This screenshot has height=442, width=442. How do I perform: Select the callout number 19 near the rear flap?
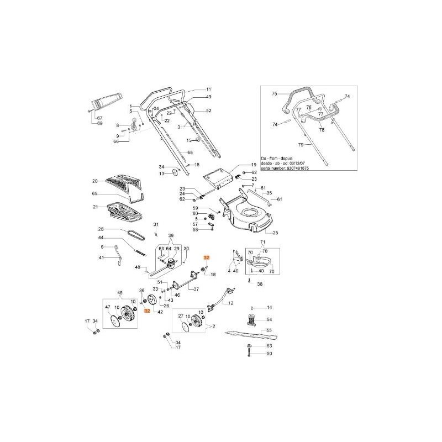254,165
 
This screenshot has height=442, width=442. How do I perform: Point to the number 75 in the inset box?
273,94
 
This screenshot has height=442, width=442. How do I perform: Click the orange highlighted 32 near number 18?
207,257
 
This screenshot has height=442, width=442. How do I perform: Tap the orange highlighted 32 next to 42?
147,312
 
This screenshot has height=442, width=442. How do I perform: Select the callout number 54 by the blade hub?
269,319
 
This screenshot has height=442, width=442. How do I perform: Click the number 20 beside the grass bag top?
94,181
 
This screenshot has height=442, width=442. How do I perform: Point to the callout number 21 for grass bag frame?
94,207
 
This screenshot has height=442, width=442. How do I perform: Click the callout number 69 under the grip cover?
100,123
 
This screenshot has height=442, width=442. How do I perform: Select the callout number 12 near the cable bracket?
231,303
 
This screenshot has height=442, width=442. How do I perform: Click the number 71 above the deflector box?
263,243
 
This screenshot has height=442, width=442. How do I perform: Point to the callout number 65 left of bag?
94,194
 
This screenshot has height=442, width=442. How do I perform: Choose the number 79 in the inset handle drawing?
301,145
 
